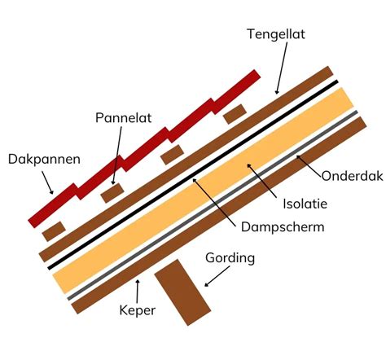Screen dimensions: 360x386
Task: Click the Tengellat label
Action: pos(282,34)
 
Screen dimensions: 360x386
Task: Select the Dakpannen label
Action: pos(44,159)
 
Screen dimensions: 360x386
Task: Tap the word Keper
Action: pos(137,310)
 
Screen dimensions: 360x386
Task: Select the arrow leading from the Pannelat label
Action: pos(118,156)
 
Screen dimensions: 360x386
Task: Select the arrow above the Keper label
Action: pos(138,288)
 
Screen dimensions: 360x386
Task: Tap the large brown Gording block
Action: pos(182,292)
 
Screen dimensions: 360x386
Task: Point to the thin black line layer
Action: pos(195,175)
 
